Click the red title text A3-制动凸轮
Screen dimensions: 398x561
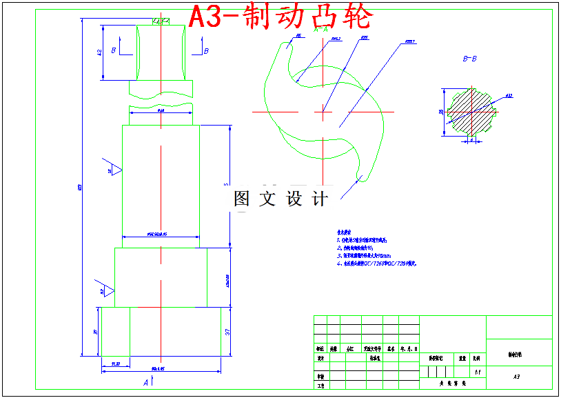pos(281,17)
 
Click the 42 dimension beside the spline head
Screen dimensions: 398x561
pos(99,52)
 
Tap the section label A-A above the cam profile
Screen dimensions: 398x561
pos(320,30)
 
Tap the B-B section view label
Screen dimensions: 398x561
pos(469,59)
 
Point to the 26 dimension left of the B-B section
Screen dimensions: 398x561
pos(442,111)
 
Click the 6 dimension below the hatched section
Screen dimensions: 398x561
pos(471,141)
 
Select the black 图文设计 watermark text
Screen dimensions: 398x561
pos(280,199)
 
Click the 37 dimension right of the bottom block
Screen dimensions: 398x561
pos(227,332)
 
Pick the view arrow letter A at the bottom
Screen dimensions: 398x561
pos(145,381)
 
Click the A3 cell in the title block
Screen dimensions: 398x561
pos(517,377)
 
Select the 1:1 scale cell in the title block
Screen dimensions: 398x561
pos(477,370)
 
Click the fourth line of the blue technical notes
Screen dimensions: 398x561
pos(377,263)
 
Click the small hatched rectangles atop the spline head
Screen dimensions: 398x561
pos(161,21)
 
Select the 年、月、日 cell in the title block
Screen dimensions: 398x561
pos(409,348)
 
